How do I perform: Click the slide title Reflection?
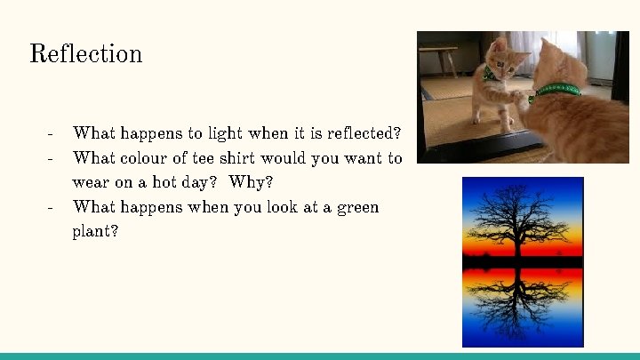tap(85, 54)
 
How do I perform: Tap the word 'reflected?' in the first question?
tap(364, 133)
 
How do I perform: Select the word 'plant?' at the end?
tap(95, 232)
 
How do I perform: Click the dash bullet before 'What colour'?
tap(52, 158)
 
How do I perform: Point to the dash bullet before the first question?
tap(52, 133)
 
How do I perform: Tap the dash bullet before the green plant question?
tap(52, 207)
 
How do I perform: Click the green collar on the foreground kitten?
tap(558, 91)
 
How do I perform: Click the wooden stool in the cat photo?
tap(436, 58)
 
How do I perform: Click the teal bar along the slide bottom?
tap(320, 356)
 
